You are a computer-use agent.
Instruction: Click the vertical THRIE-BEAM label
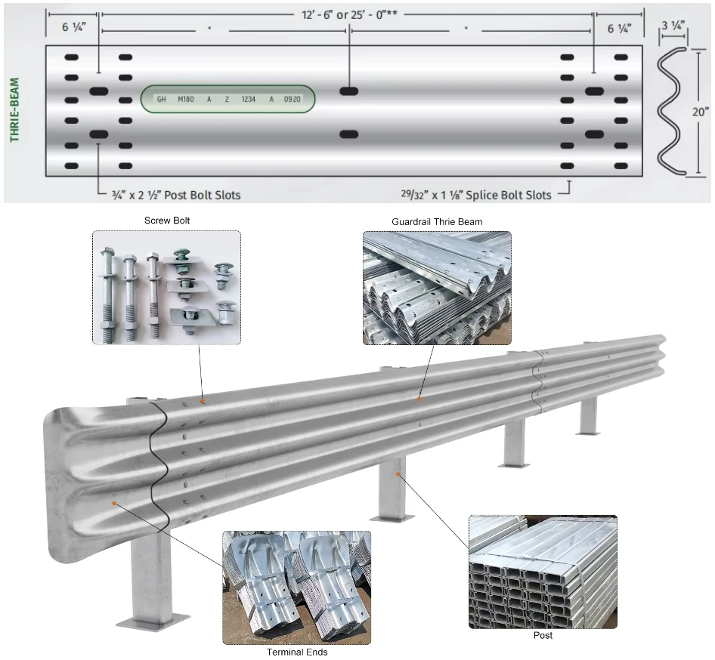click(x=14, y=109)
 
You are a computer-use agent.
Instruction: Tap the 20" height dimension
click(x=701, y=112)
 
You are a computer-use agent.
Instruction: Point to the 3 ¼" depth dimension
click(x=673, y=26)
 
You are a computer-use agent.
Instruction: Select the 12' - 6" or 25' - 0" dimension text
click(x=348, y=14)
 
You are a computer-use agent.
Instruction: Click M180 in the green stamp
click(x=185, y=99)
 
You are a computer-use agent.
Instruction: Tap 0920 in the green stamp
click(x=292, y=99)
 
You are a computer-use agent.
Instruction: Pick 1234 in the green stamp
click(x=248, y=99)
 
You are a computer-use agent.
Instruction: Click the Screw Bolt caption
click(x=166, y=221)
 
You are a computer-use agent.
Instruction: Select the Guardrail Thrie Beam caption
click(x=437, y=221)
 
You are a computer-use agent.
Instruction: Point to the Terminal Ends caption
click(x=297, y=652)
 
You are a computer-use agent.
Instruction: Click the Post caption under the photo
click(x=543, y=636)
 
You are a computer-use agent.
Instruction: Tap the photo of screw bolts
click(x=166, y=288)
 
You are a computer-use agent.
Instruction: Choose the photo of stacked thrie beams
click(x=437, y=288)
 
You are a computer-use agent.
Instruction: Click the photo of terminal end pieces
click(x=297, y=587)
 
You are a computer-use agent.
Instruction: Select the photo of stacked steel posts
click(x=543, y=572)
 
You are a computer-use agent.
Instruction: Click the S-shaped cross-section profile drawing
click(x=672, y=112)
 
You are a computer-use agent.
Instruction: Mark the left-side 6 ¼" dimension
click(x=75, y=27)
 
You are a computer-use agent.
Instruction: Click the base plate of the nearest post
click(x=153, y=621)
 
